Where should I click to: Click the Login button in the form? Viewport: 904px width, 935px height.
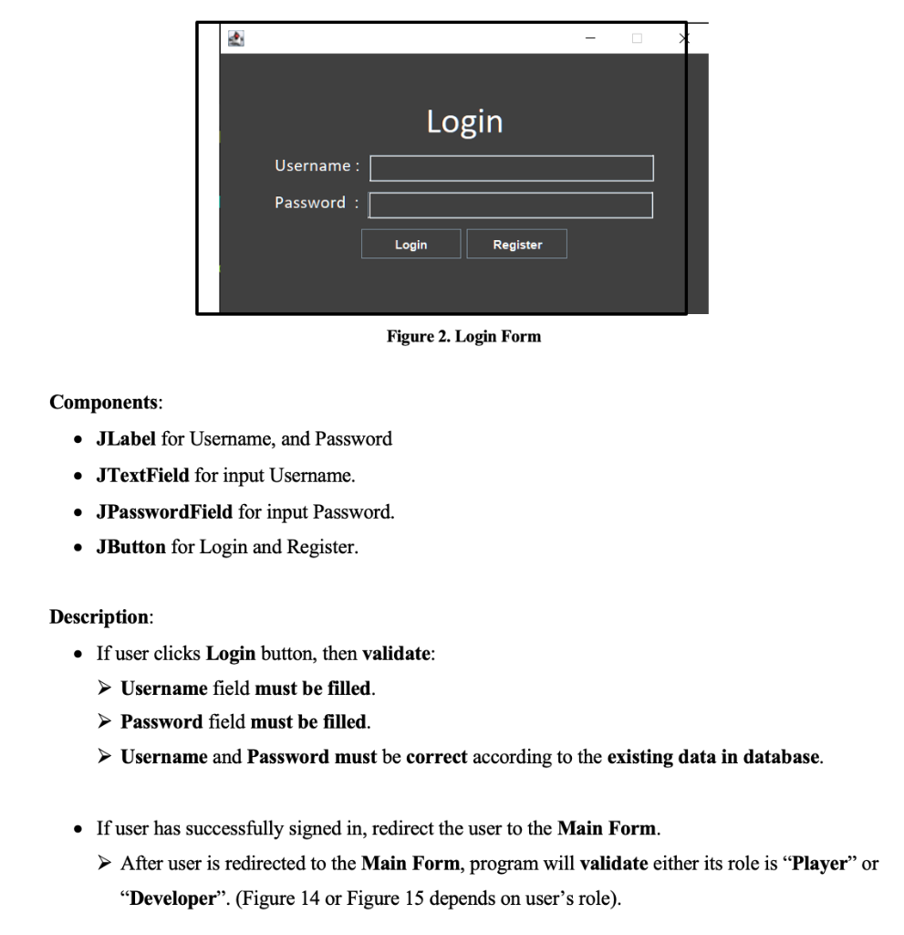click(410, 245)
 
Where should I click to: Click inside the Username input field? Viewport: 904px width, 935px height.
click(511, 168)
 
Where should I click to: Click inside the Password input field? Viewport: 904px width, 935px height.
click(511, 205)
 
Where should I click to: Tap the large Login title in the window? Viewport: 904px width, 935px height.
click(464, 121)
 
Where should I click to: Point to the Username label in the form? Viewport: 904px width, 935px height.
click(317, 166)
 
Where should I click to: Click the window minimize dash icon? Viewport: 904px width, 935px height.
click(590, 38)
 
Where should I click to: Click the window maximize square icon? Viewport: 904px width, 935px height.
click(637, 38)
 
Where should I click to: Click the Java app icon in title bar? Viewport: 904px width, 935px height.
click(237, 38)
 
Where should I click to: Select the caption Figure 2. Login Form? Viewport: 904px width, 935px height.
click(463, 337)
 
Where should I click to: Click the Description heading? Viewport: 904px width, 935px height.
click(100, 616)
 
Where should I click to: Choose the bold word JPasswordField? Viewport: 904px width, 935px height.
click(164, 512)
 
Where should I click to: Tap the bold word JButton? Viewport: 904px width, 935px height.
click(131, 549)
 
